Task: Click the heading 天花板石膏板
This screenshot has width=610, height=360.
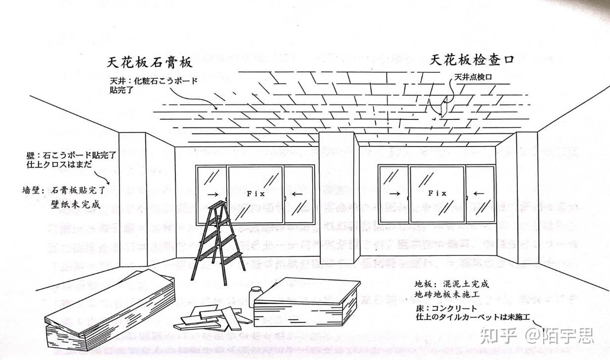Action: [149, 63]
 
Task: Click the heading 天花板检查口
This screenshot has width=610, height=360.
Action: [471, 60]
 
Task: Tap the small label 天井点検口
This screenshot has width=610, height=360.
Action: [476, 78]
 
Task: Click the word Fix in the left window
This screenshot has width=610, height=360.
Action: [256, 194]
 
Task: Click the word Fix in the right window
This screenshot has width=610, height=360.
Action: [437, 193]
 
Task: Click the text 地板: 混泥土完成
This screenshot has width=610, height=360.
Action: [452, 284]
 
